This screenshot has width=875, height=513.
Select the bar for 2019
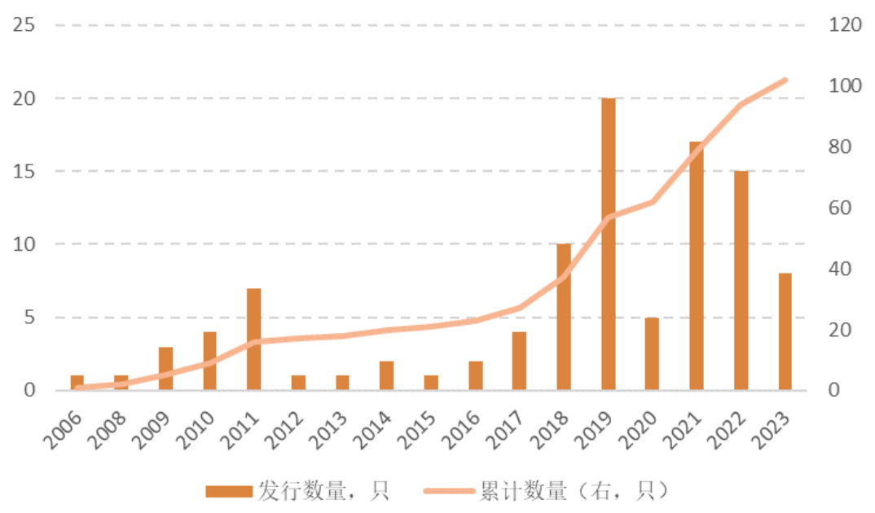click(608, 244)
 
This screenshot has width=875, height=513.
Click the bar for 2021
click(697, 266)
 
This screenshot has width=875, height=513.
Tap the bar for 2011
click(253, 340)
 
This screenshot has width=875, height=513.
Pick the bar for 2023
click(785, 332)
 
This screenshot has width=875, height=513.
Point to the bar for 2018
click(564, 318)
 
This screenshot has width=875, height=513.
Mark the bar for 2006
click(77, 384)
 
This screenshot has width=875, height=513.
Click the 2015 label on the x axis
click(420, 430)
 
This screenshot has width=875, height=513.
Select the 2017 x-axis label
click(508, 430)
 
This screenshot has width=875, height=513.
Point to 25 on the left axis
click(24, 25)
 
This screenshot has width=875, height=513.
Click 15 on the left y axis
click(24, 172)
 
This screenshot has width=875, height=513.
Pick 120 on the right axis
click(845, 25)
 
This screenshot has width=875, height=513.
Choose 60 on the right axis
click(839, 208)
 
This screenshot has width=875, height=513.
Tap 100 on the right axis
click(845, 86)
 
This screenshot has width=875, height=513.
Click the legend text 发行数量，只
click(323, 490)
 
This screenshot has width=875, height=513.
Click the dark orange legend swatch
click(228, 491)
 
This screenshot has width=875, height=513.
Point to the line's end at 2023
click(785, 80)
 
